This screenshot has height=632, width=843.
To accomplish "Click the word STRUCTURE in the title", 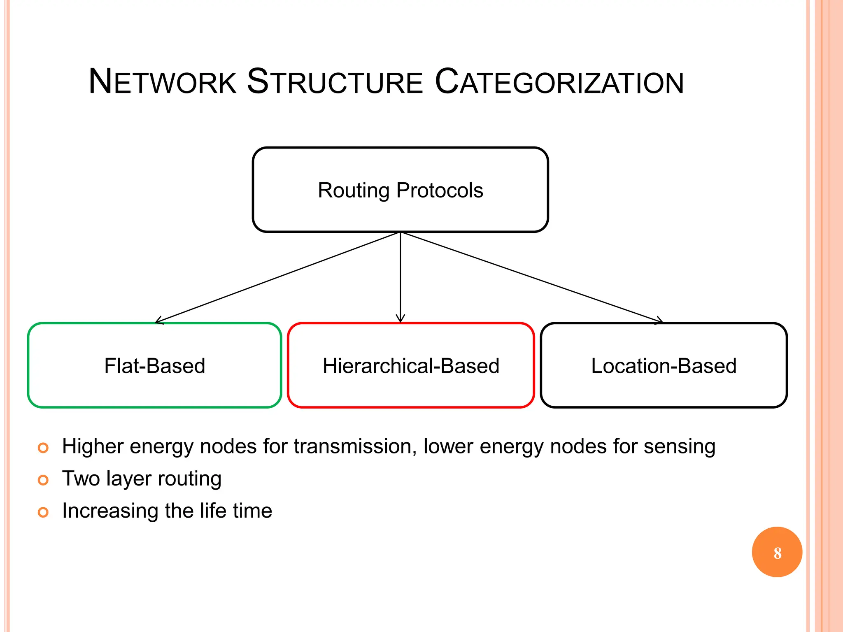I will [x=335, y=81].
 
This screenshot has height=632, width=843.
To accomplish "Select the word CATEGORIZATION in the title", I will [x=559, y=81].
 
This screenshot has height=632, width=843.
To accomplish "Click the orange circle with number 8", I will [x=777, y=552].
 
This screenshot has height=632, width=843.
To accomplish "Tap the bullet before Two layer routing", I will [x=43, y=480].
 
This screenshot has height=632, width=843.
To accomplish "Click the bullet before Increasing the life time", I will [x=43, y=512].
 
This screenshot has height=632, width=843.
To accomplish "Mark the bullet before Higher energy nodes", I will [x=43, y=448].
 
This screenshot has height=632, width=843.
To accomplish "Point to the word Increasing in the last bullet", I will [x=110, y=511].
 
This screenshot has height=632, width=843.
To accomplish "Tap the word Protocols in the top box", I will [x=440, y=191].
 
